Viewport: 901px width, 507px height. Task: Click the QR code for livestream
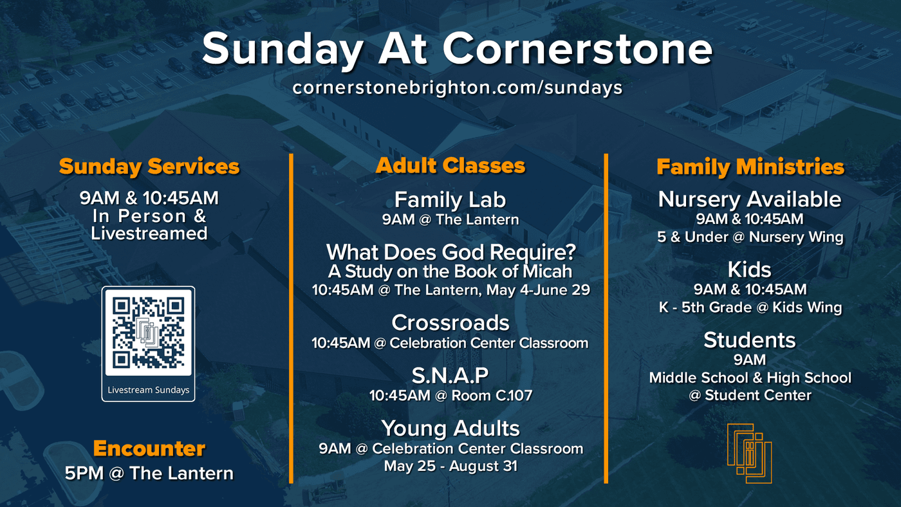pos(148,333)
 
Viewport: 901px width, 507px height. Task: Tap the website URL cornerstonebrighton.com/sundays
pos(458,88)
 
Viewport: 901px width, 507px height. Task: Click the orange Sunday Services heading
pos(149,167)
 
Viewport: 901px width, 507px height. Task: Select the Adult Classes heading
pos(450,165)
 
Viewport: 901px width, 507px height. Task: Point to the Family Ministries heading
pos(750,167)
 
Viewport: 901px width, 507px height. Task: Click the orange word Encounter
pos(149,448)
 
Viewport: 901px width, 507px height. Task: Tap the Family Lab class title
pos(450,199)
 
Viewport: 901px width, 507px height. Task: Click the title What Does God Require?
pos(451,252)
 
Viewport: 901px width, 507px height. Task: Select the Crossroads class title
pos(450,322)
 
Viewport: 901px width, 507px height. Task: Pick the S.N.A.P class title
pos(450,375)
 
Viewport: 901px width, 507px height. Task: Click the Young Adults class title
pos(450,429)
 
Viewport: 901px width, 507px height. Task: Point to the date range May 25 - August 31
pos(450,466)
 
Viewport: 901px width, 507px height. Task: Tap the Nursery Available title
pos(750,199)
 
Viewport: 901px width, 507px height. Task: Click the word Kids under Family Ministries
pos(749,270)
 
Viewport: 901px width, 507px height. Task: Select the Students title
pos(749,340)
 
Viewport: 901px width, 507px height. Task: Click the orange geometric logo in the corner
pos(749,453)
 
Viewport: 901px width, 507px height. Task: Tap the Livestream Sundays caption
pos(149,390)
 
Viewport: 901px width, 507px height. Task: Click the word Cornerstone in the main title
pos(578,49)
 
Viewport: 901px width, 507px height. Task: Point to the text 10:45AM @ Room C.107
pos(451,396)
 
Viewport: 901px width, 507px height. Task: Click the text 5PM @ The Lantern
pos(149,474)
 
